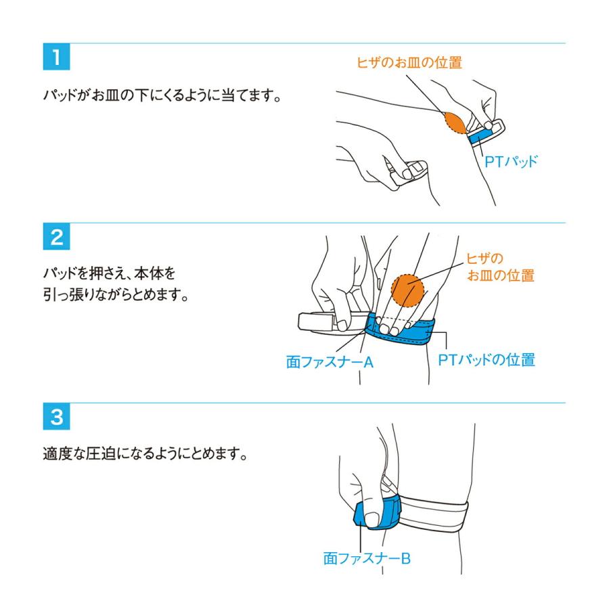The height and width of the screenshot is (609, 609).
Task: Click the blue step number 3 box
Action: point(56,418)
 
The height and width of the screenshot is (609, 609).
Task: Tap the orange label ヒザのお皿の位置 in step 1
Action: point(409,63)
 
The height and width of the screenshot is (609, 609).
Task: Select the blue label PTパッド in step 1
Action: point(510,162)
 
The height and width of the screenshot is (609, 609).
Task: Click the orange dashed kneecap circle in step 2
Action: point(408,290)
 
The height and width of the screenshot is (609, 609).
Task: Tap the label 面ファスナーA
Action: point(330,362)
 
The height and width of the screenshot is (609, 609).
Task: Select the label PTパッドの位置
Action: point(487,359)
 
